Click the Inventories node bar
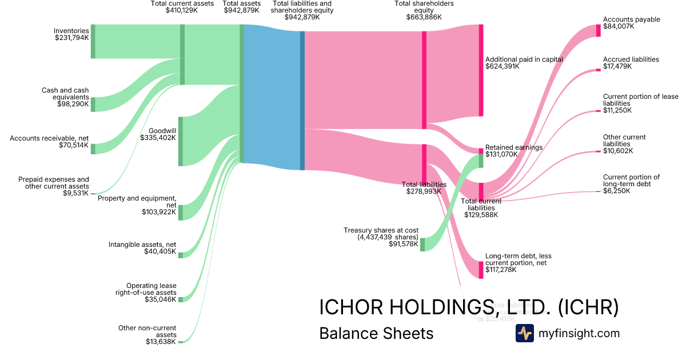click(93, 41)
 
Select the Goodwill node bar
click(181, 141)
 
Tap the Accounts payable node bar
click(599, 31)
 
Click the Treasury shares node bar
click(422, 245)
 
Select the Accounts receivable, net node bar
click(93, 149)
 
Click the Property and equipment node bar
click(181, 212)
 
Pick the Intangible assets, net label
click(142, 245)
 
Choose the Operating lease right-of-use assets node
click(181, 299)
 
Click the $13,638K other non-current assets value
click(161, 342)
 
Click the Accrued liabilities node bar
click(599, 70)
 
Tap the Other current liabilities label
click(624, 141)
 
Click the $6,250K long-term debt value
click(617, 191)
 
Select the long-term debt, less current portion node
click(481, 270)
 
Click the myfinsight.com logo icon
click(524, 333)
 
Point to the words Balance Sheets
click(376, 333)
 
